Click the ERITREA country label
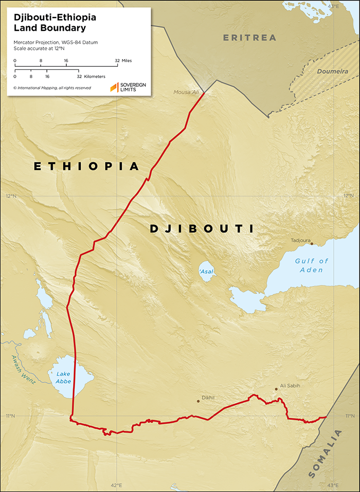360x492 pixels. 249,38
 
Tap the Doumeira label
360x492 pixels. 332,71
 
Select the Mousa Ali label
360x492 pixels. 187,93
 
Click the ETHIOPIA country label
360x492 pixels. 87,166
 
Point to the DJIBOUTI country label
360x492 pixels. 202,229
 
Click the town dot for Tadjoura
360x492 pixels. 311,244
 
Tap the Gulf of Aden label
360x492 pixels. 312,265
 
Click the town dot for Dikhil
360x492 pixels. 199,401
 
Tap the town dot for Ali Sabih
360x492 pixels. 276,389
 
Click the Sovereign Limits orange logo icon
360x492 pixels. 114,87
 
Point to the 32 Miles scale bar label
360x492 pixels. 123,61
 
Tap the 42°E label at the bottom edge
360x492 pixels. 116,485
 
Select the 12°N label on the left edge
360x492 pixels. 11,196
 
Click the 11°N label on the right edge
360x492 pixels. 349,415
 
